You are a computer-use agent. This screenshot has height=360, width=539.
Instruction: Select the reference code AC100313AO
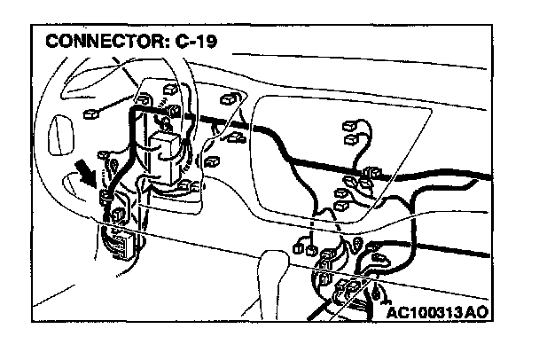[x=438, y=314]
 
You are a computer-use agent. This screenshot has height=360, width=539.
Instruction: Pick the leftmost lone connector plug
[x=90, y=113]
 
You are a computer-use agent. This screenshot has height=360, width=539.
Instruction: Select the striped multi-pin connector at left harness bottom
[x=120, y=240]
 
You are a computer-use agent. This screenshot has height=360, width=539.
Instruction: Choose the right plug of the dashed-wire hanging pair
[x=327, y=256]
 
